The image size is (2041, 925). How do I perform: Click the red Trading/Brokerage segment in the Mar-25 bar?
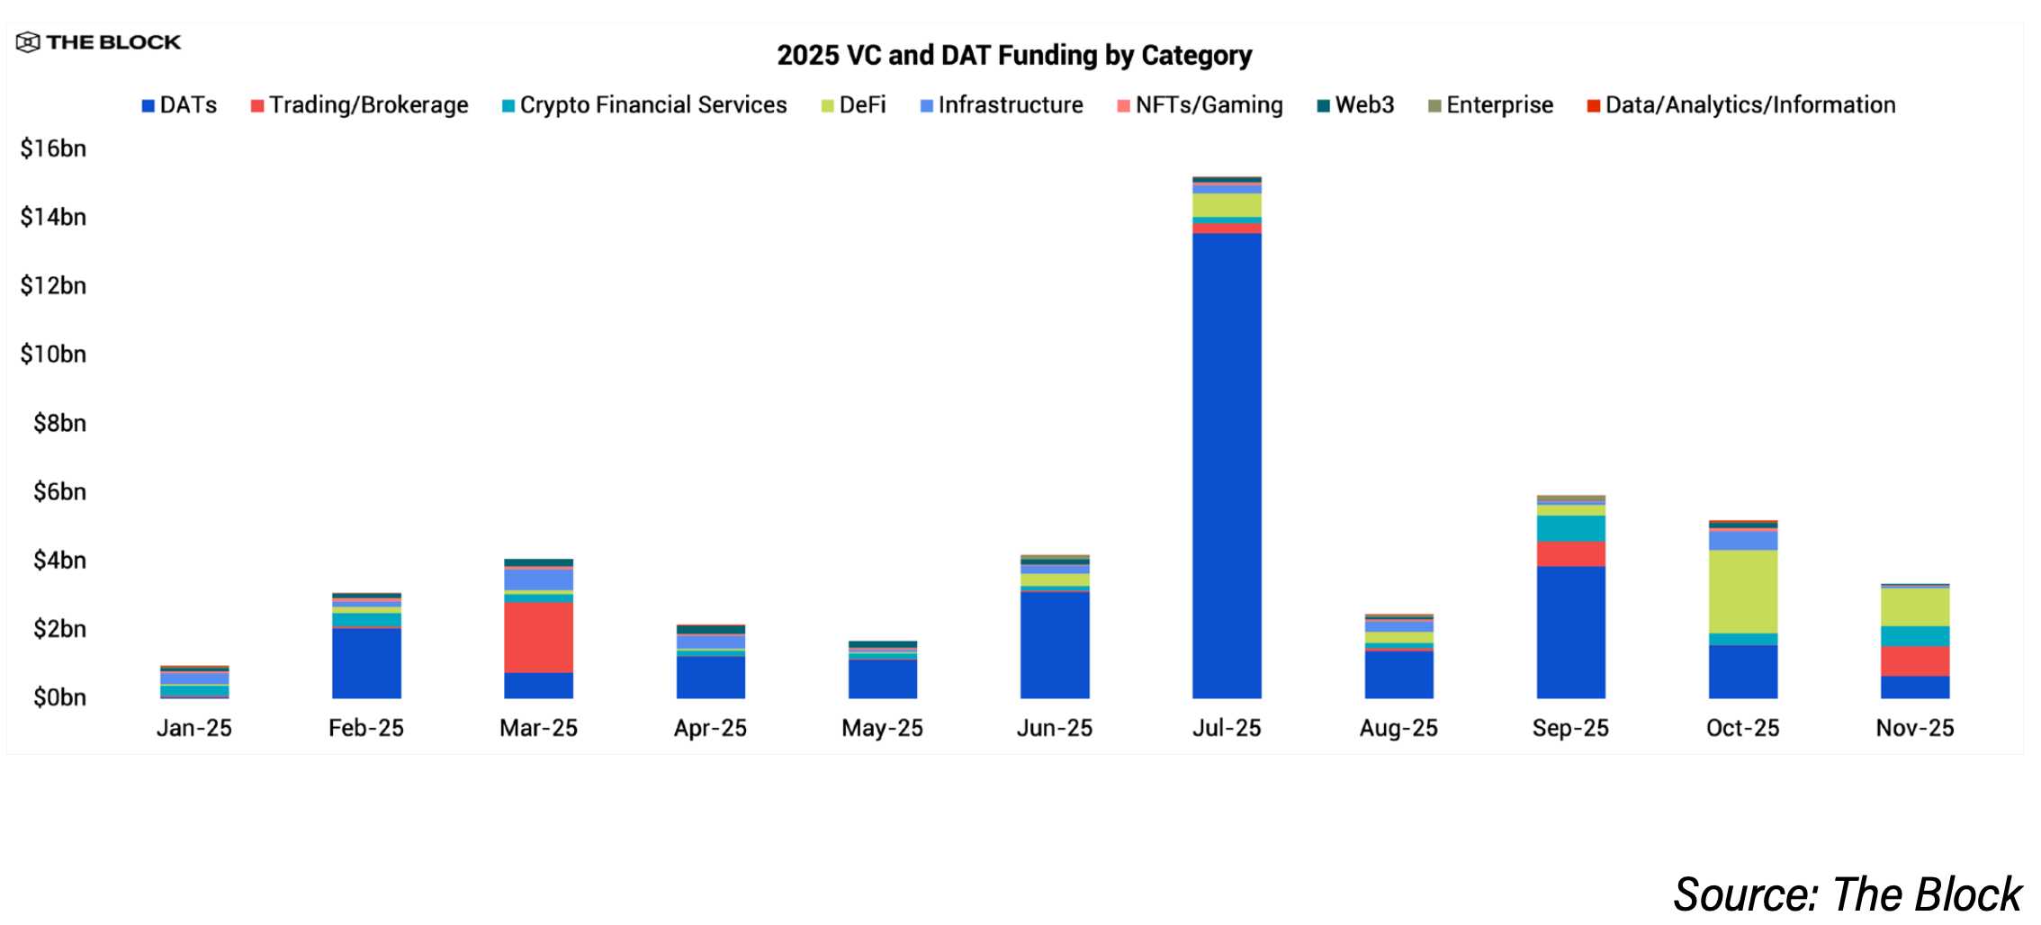(x=538, y=637)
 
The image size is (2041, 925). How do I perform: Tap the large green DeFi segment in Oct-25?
(x=1743, y=591)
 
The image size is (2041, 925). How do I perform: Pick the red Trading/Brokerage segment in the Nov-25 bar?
(x=1915, y=660)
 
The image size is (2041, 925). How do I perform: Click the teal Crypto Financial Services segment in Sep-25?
(x=1571, y=528)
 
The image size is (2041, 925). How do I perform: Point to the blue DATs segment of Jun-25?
(x=1055, y=644)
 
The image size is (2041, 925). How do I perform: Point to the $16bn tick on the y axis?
(x=53, y=148)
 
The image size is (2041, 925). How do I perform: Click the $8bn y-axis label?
(x=59, y=423)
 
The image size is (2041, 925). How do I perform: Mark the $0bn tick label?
(x=59, y=697)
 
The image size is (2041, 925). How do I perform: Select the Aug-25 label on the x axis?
(x=1398, y=728)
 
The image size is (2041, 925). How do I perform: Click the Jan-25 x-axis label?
(x=194, y=728)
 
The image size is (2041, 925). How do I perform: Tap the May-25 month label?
(x=882, y=728)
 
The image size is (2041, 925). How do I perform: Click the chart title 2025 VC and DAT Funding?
(x=1014, y=56)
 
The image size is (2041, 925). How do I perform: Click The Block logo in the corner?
(x=99, y=42)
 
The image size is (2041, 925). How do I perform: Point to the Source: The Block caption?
(x=1847, y=894)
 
